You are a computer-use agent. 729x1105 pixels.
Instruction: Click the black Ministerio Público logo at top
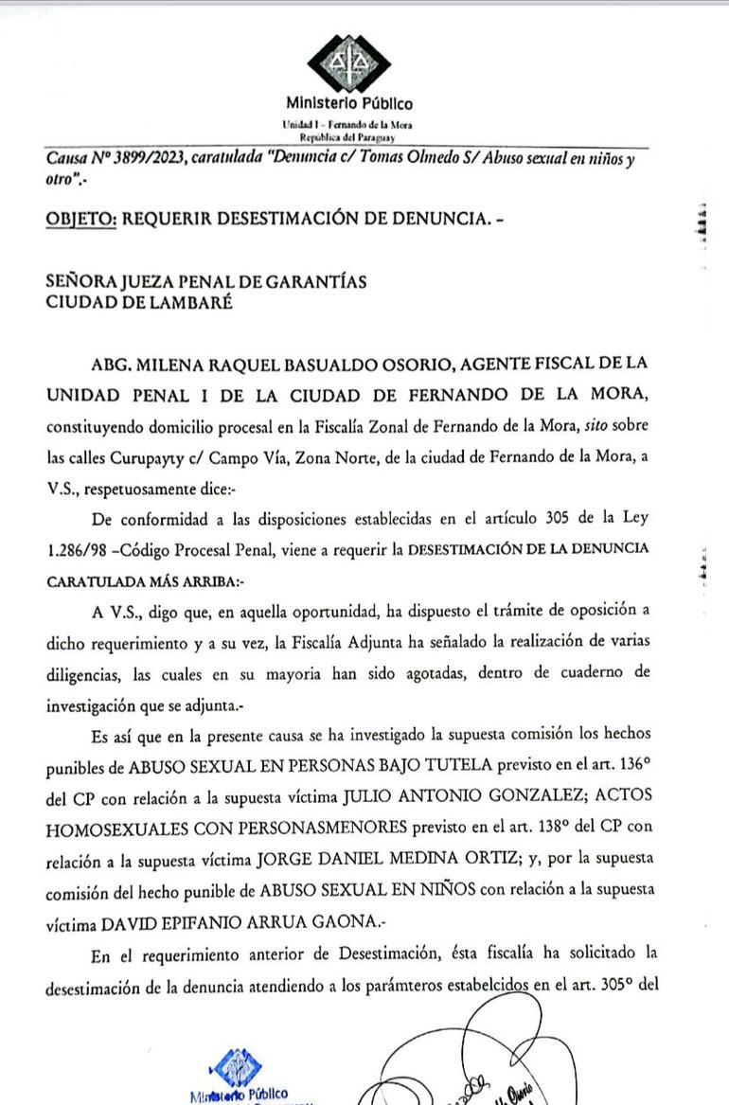coord(347,63)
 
